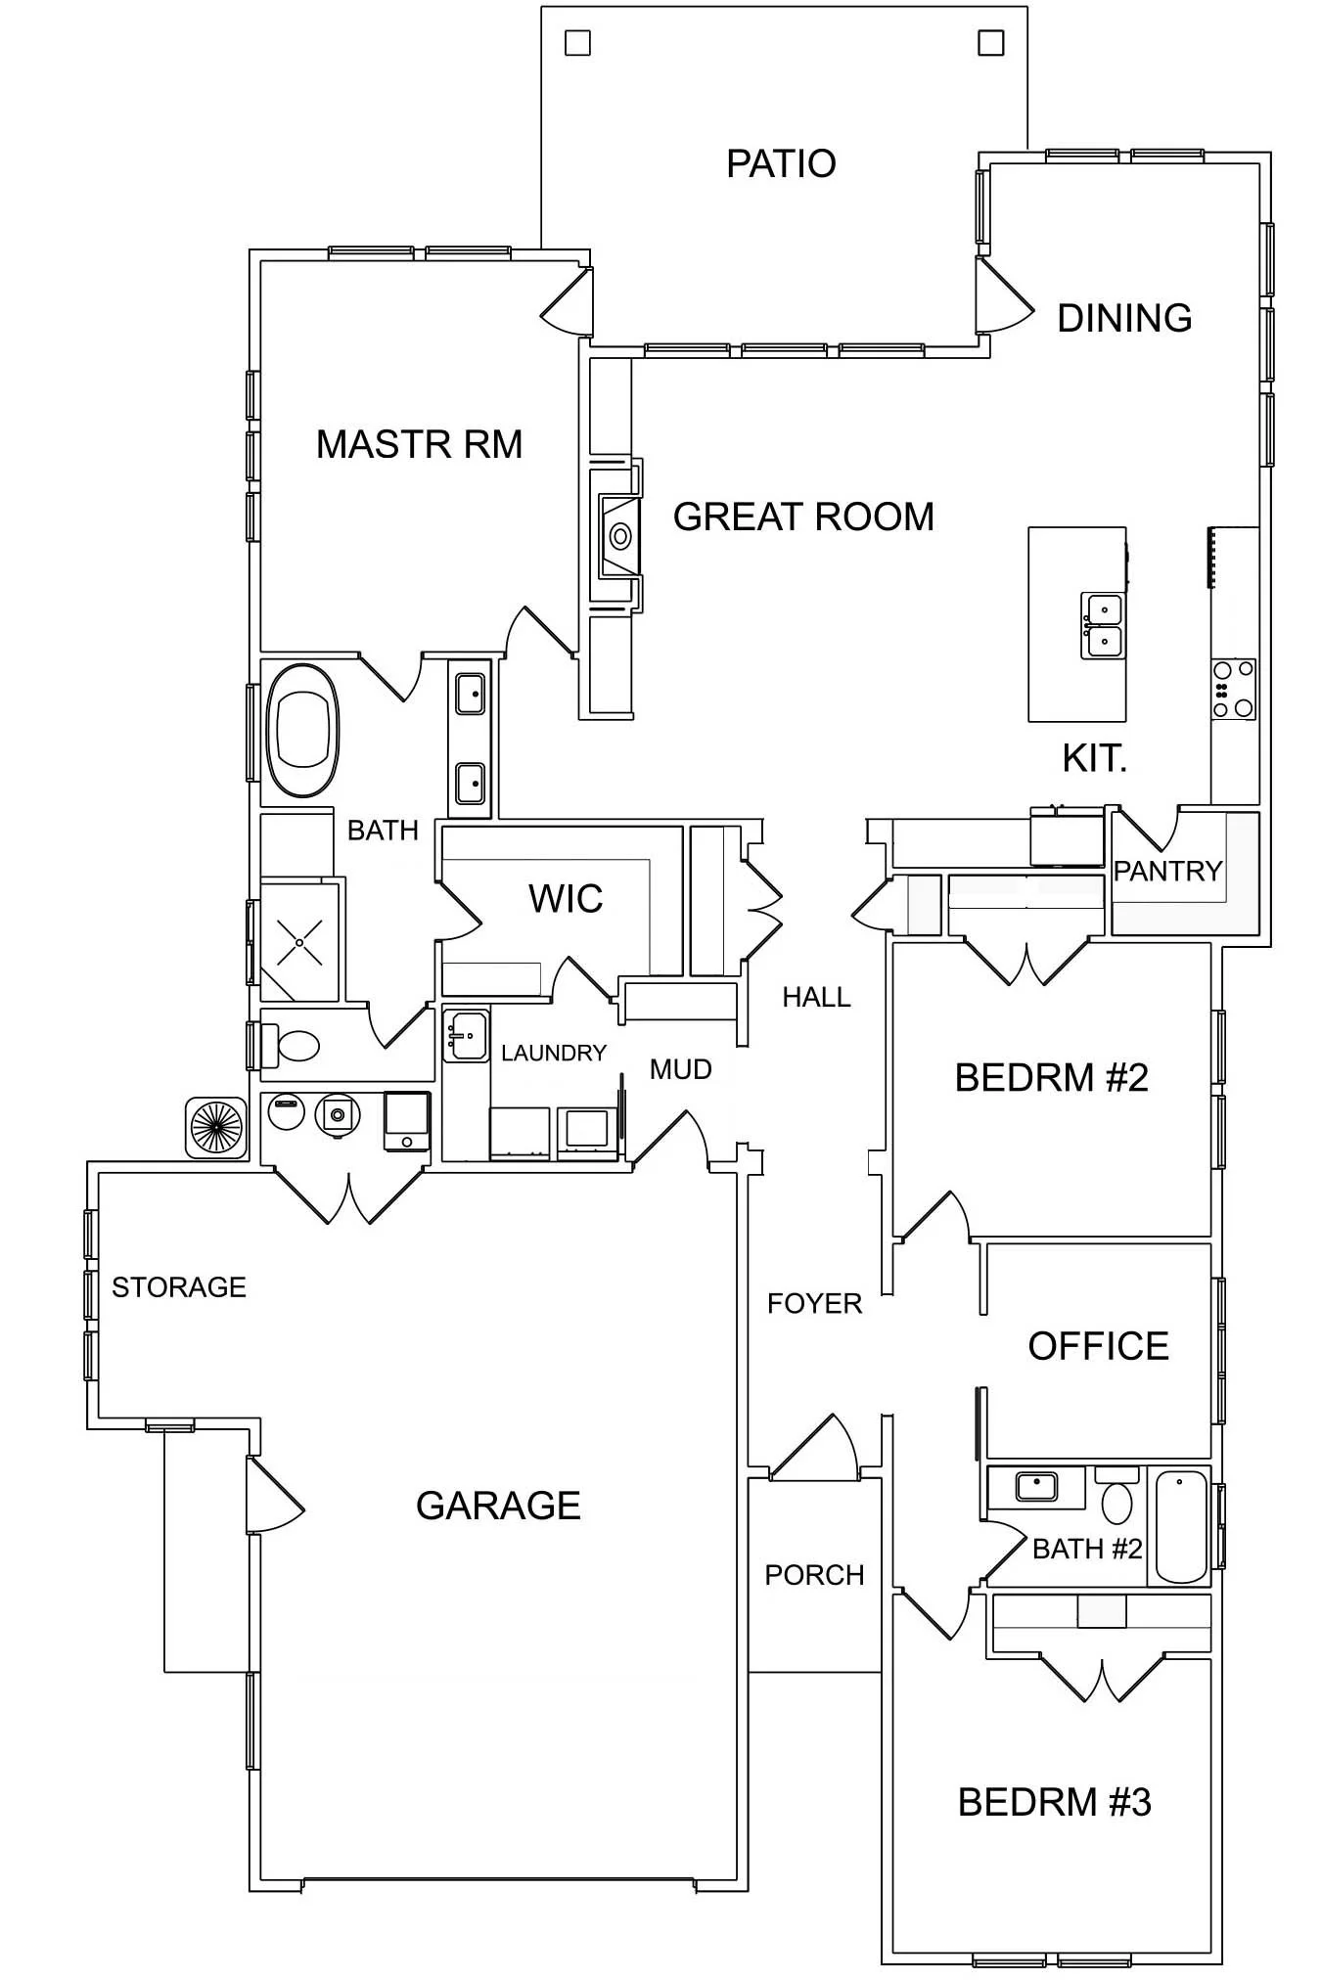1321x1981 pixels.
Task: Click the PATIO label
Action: coord(781,163)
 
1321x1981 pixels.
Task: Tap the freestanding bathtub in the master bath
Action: coord(302,730)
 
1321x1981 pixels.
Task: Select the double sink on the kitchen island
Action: coord(1103,625)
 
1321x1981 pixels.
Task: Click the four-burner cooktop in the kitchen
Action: coord(1233,690)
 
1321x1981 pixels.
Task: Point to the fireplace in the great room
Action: coord(618,535)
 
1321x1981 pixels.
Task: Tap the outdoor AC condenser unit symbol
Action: coord(216,1127)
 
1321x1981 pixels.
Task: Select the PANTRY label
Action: coord(1167,871)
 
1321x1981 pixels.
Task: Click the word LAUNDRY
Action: coord(554,1053)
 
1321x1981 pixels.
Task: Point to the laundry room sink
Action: coord(466,1036)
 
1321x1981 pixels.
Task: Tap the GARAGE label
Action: coord(498,1506)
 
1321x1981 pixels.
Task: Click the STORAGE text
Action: coord(179,1286)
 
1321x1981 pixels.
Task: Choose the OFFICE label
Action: coord(1098,1346)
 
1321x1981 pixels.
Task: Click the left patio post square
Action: coord(578,43)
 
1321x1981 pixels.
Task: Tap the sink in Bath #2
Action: coord(1036,1487)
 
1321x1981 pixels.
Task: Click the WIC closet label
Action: coord(566,898)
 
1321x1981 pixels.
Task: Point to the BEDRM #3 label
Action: coord(1054,1802)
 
